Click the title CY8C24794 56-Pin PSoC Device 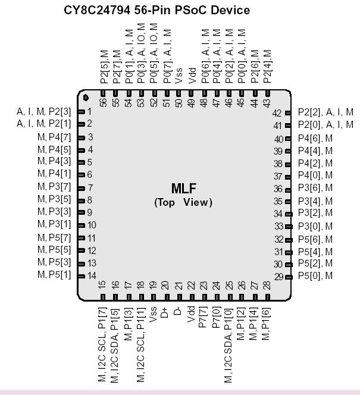[156, 10]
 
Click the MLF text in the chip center [183, 189]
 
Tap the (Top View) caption [183, 202]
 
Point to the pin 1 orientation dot [86, 98]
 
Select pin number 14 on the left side [92, 275]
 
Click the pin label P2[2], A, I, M [325, 112]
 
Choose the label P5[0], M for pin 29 [315, 276]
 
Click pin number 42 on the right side [277, 113]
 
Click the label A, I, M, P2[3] [44, 111]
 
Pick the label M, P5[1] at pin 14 [54, 275]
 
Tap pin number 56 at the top [104, 102]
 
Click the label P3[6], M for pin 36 [315, 187]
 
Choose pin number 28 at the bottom [267, 286]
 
